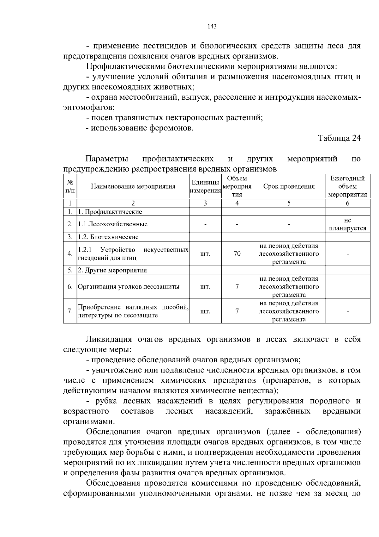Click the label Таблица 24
coord(339,138)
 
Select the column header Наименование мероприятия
coord(133,186)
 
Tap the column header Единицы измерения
coord(205,186)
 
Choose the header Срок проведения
coord(289,186)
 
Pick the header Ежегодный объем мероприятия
coord(347,186)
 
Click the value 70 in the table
coord(237,254)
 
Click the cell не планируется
coord(347,224)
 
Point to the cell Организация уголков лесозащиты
coord(129,287)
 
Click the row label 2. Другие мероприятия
coord(112,270)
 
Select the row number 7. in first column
coord(70,311)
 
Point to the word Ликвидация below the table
coord(109,340)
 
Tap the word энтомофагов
coord(88,108)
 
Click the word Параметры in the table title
coord(107,159)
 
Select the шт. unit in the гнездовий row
coord(205,254)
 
